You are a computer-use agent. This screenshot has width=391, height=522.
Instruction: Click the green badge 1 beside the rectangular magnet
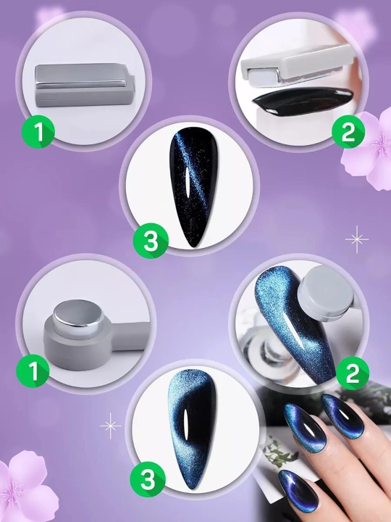38,132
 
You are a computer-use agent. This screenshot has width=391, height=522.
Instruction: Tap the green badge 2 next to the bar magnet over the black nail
348,132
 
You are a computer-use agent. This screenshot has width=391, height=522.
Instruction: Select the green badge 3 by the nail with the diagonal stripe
151,241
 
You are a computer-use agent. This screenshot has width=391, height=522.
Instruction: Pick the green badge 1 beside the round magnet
33,371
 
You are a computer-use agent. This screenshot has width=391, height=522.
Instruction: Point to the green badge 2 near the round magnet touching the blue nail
353,373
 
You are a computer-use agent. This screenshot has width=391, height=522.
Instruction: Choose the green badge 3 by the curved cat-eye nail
148,479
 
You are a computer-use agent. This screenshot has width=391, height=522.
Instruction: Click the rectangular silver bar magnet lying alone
85,86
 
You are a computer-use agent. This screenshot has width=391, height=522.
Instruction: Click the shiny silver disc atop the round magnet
78,314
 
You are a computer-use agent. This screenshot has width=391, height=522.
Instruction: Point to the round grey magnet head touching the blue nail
325,289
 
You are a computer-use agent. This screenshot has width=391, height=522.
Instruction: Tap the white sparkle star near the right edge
357,239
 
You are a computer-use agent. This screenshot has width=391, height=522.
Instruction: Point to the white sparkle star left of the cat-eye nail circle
110,426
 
